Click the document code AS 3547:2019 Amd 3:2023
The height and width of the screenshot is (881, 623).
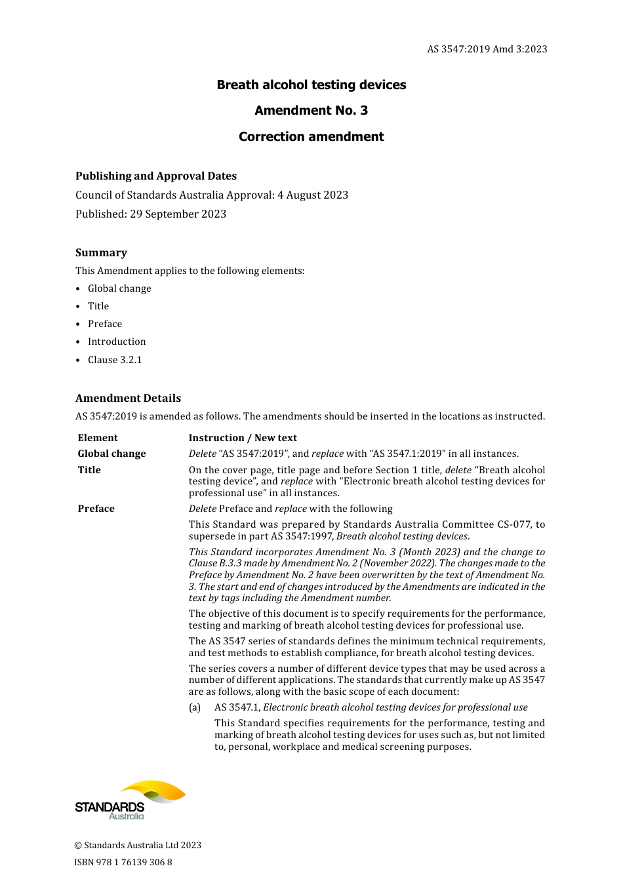point(487,49)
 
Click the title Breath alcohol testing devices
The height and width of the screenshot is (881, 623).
point(311,85)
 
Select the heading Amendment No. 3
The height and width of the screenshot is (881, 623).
point(311,110)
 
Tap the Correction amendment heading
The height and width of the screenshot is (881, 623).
point(311,136)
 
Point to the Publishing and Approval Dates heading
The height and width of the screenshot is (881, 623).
point(156,176)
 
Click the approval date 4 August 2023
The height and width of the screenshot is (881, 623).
point(313,195)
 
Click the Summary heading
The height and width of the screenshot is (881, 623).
point(101,252)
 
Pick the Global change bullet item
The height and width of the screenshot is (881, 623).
point(119,288)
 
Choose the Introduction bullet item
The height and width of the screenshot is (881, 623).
point(117,342)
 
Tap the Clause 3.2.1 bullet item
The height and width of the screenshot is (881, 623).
point(115,360)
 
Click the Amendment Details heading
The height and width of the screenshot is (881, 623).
point(128,398)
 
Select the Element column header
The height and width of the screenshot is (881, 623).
point(98,438)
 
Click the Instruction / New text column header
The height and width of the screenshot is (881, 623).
point(243,438)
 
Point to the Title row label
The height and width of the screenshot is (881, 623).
point(89,470)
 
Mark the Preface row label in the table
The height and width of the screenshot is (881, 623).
point(96,509)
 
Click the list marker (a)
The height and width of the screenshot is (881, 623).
point(195,707)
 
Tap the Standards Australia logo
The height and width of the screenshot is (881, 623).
point(130,800)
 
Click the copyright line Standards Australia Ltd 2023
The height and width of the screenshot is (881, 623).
point(138,845)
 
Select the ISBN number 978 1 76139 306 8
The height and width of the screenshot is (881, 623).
point(123,862)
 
